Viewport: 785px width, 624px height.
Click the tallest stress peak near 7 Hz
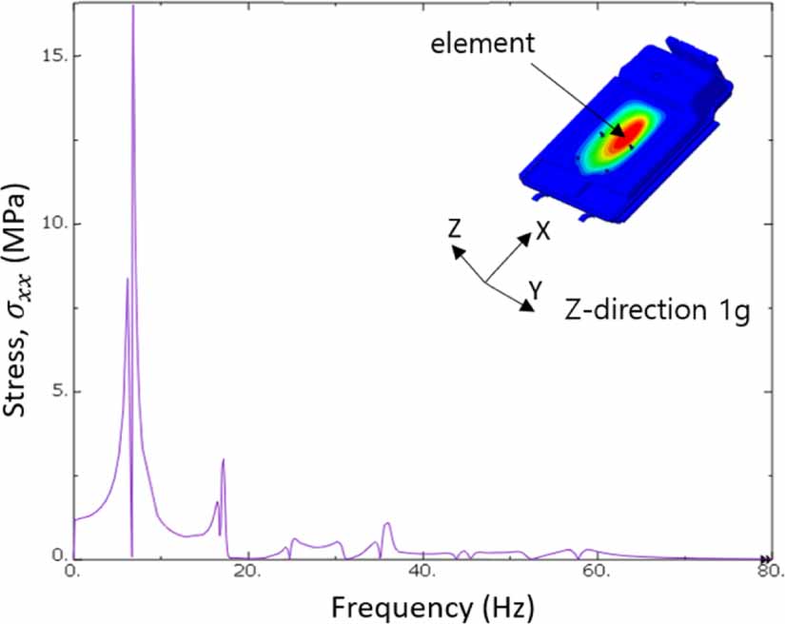coord(132,8)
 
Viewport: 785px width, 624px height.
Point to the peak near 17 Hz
coord(223,460)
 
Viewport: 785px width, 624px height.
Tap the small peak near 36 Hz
coord(387,523)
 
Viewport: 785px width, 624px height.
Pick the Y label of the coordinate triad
coord(536,291)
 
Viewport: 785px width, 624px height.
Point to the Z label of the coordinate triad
coord(455,227)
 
